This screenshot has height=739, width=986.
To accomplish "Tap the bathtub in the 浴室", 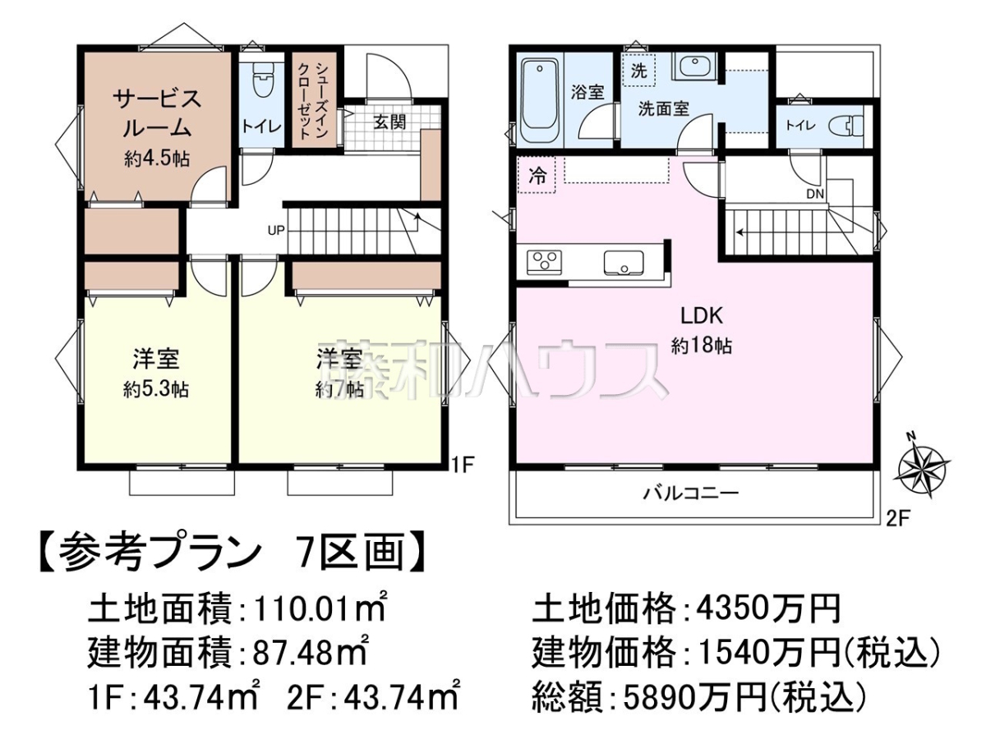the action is click(540, 101).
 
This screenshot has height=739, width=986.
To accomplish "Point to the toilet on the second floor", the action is click(845, 125).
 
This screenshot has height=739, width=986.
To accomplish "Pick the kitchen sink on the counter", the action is click(624, 263).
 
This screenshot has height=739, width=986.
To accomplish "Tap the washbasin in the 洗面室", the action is click(695, 67).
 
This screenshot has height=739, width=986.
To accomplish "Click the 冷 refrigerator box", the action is click(537, 175).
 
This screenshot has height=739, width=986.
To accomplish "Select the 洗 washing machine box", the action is click(638, 71).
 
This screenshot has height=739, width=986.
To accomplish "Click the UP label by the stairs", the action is click(276, 230).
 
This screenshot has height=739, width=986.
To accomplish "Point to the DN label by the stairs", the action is click(815, 194).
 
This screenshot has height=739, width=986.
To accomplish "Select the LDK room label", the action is click(702, 316).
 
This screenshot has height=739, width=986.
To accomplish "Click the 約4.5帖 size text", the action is click(157, 158).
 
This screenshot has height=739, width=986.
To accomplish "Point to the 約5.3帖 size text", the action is click(156, 389).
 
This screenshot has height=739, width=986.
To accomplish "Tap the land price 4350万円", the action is click(768, 609).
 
